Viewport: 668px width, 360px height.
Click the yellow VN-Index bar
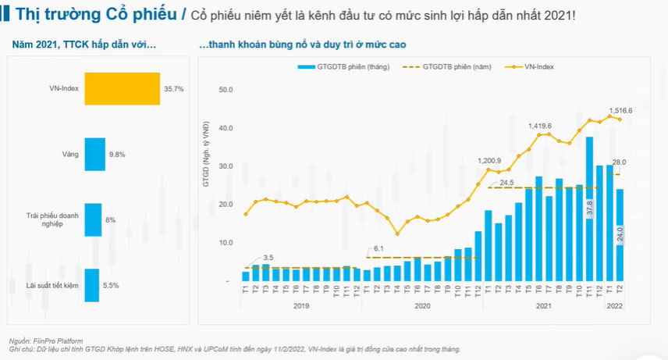point(122,88)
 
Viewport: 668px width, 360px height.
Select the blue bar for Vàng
point(94,154)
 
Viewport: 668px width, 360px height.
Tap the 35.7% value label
point(173,89)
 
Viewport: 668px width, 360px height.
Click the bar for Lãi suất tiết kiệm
point(91,285)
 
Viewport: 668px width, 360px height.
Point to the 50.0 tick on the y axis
point(226,91)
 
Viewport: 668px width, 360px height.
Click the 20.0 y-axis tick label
point(226,205)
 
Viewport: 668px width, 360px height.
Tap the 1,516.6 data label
point(619,111)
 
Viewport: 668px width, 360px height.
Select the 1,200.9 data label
point(489,161)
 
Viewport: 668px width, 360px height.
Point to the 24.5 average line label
point(506,183)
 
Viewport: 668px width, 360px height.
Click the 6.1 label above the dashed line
point(379,249)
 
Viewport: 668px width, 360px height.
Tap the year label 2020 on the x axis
point(422,305)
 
